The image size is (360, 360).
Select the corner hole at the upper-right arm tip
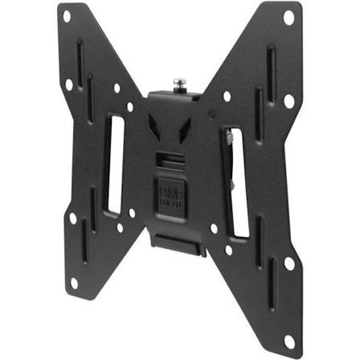(288, 16)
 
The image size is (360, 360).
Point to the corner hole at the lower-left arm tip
(74, 282)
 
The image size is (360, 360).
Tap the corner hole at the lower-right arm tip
(288, 341)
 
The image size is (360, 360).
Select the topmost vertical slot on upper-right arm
(271, 65)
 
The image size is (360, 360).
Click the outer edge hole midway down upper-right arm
(289, 101)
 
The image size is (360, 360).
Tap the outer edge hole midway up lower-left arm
(72, 218)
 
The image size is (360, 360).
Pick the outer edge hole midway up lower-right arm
(289, 262)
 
